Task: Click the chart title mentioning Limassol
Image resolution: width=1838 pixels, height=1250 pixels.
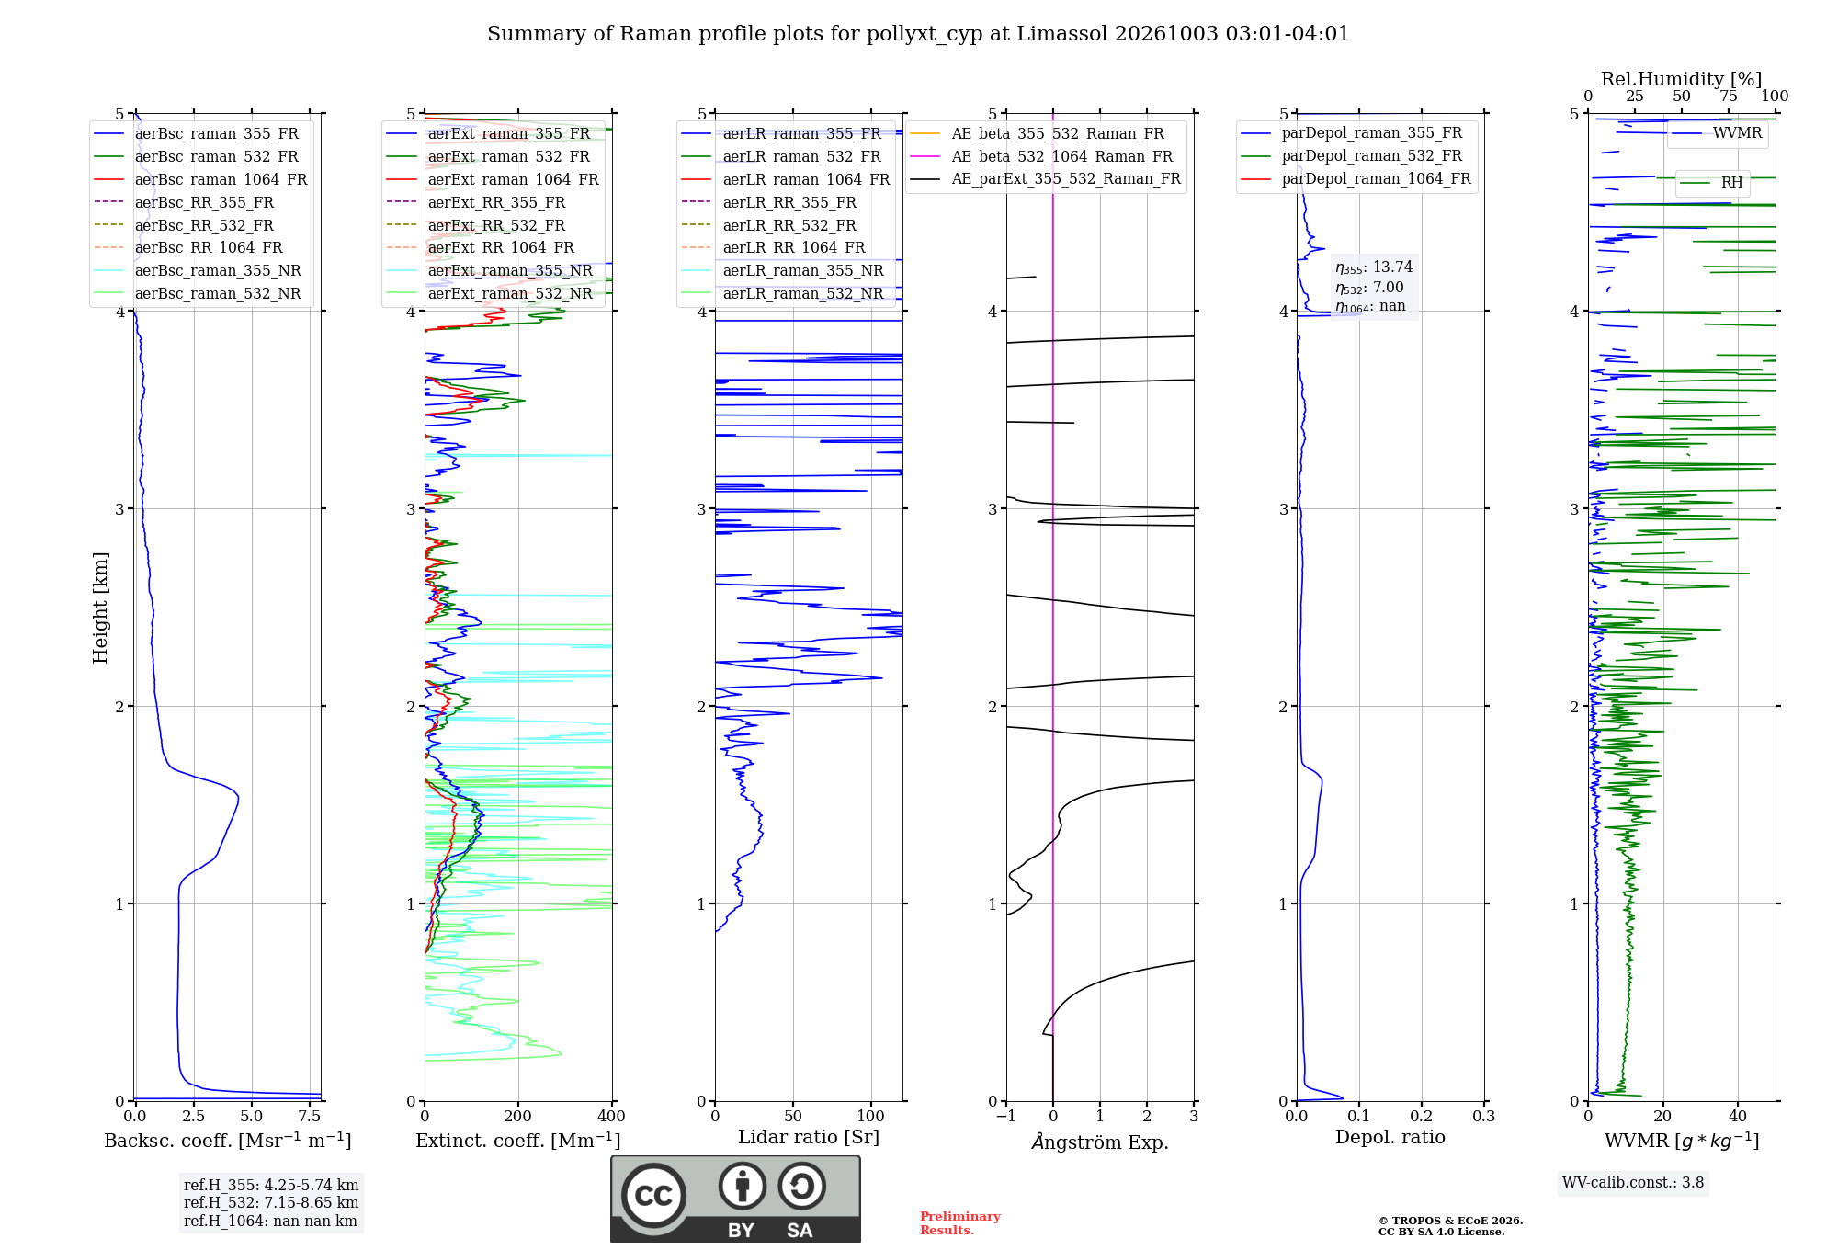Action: (x=918, y=34)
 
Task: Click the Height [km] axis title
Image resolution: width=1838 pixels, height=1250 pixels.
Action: (x=100, y=608)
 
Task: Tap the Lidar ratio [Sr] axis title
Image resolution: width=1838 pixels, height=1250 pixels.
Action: (x=809, y=1137)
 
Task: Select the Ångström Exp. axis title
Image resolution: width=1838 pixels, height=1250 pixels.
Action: (x=1100, y=1142)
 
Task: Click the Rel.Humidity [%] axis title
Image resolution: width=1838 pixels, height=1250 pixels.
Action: (x=1682, y=79)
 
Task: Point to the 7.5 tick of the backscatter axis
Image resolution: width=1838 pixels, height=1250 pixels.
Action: (x=310, y=1117)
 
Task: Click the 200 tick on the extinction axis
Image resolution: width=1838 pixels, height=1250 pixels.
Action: (x=517, y=1117)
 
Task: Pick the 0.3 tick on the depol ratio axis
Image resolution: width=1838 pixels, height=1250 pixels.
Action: (x=1484, y=1117)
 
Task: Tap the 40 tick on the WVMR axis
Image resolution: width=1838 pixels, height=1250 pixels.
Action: (x=1738, y=1117)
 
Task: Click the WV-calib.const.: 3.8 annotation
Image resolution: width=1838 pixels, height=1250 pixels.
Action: (x=1633, y=1183)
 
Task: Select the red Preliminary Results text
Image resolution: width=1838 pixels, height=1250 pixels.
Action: (x=960, y=1223)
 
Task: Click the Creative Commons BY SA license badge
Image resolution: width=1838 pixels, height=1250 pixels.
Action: (x=735, y=1199)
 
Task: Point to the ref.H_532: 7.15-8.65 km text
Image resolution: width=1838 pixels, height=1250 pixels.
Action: (x=271, y=1202)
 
